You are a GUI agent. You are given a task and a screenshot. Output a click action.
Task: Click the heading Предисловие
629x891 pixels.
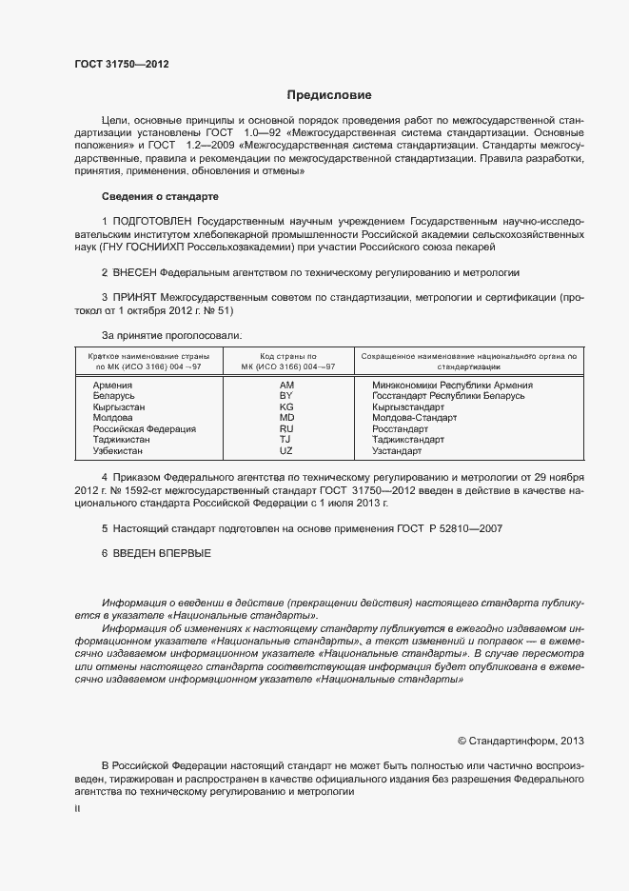(329, 95)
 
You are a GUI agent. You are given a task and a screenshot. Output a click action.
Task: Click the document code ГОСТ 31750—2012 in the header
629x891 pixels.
(122, 65)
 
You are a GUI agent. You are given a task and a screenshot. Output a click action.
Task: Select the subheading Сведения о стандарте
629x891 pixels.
(160, 196)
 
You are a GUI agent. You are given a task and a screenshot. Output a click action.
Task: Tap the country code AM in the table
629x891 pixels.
(286, 385)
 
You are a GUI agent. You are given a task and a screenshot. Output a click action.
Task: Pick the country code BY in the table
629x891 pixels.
(286, 395)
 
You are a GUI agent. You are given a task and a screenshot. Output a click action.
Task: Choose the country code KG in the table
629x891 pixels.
(286, 406)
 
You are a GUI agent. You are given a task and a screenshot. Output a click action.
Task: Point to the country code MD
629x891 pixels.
(286, 418)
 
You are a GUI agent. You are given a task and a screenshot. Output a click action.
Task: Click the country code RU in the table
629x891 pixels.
(286, 429)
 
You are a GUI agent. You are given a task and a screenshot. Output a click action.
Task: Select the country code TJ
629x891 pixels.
(286, 440)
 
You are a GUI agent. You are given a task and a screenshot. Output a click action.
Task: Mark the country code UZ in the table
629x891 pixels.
(286, 451)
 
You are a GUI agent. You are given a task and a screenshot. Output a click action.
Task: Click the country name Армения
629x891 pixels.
(112, 385)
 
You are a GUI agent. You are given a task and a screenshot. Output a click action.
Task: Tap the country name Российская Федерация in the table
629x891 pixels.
(144, 429)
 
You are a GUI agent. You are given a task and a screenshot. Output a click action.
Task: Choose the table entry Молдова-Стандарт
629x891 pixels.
(415, 418)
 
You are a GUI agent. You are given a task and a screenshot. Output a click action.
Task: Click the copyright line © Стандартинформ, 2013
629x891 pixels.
(521, 739)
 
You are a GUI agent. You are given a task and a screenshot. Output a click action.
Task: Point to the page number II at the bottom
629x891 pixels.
(77, 808)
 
